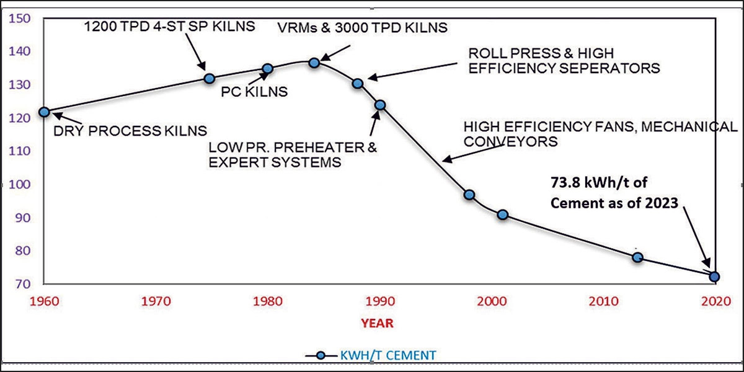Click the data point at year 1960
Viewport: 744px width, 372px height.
pyautogui.click(x=44, y=112)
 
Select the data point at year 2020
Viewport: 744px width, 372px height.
pyautogui.click(x=714, y=277)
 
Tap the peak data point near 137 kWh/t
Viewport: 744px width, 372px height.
pyautogui.click(x=314, y=63)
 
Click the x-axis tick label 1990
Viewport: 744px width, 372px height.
pyautogui.click(x=379, y=301)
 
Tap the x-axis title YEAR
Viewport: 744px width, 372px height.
pyautogui.click(x=378, y=323)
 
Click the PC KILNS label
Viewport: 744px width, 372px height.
pyautogui.click(x=254, y=92)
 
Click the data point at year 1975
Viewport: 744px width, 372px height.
pyautogui.click(x=210, y=79)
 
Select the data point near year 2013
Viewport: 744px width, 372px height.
pyautogui.click(x=637, y=257)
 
